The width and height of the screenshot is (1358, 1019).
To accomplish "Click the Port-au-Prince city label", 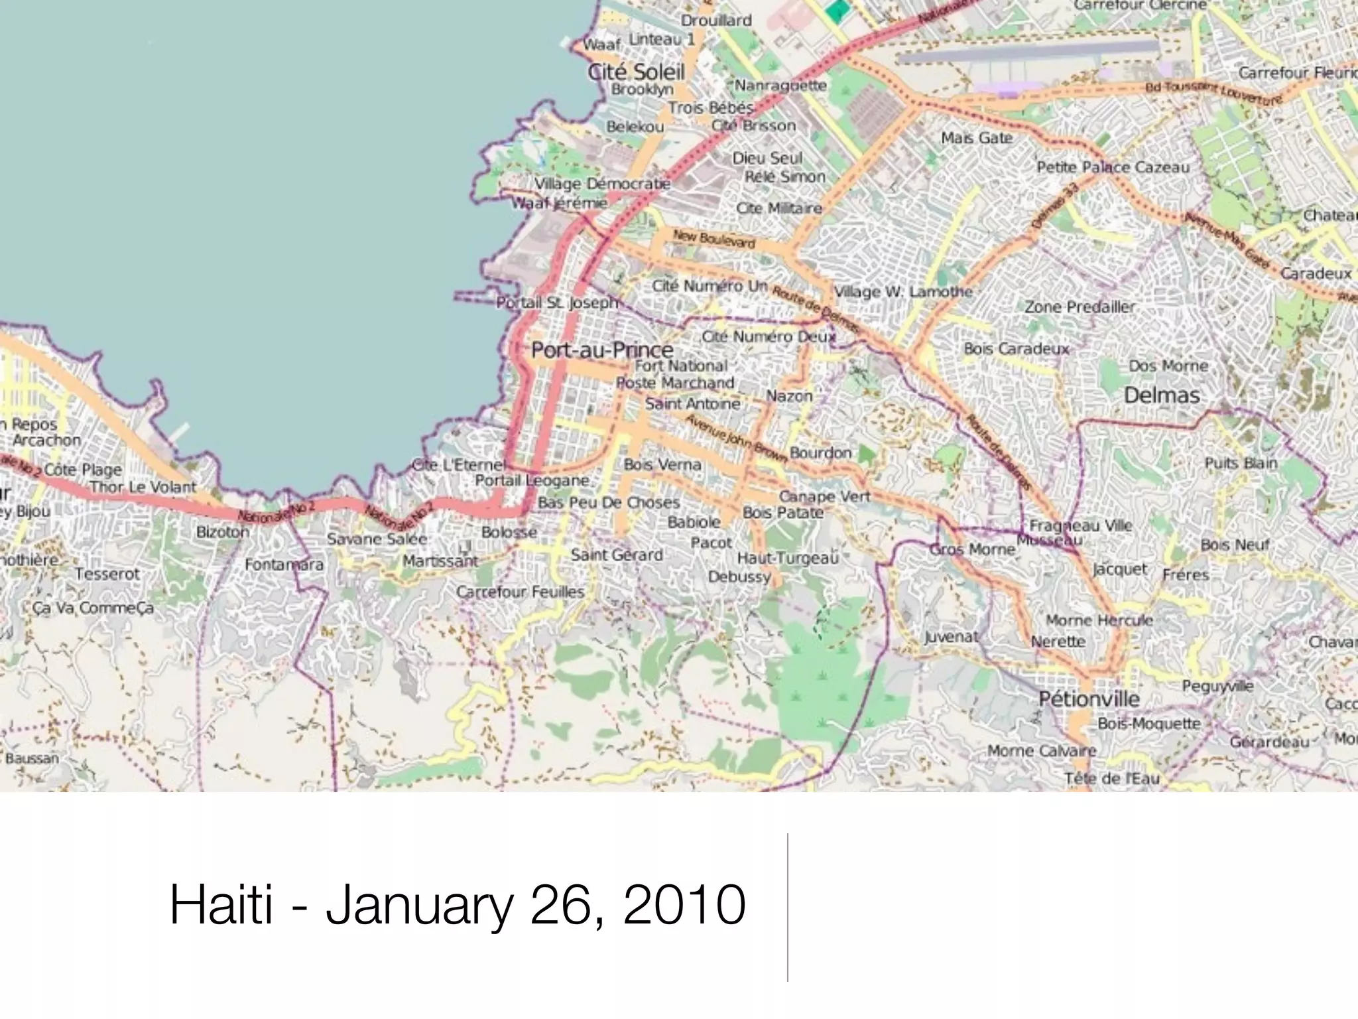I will tap(602, 350).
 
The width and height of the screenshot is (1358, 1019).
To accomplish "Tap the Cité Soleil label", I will tap(636, 72).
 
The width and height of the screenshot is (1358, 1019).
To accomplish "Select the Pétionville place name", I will tap(1089, 699).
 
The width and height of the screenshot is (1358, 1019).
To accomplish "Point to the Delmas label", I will tap(1162, 395).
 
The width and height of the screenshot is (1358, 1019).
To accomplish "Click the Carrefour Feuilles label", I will tap(520, 592).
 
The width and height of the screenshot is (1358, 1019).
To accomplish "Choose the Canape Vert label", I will tap(824, 496).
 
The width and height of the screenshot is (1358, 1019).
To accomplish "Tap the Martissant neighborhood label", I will tap(440, 561).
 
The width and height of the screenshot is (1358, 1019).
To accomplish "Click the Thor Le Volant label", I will tap(143, 487).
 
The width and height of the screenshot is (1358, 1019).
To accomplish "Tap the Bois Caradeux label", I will tap(1017, 348).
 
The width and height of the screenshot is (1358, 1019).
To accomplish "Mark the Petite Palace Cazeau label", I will tap(1113, 167).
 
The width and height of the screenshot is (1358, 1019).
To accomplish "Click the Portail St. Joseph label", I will tap(557, 303).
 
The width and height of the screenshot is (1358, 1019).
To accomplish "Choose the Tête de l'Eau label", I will tap(1111, 778).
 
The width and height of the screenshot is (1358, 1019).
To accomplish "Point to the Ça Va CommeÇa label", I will tap(93, 608).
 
